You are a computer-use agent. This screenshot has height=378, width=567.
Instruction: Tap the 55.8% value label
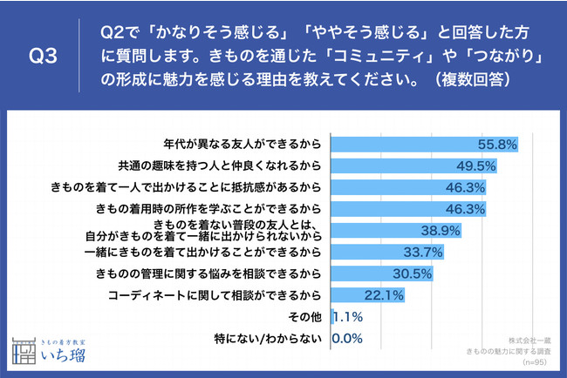pyautogui.click(x=499, y=143)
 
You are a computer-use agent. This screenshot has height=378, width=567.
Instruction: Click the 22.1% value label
pyautogui.click(x=384, y=296)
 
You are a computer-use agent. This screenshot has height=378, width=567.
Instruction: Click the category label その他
pyautogui.click(x=311, y=318)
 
